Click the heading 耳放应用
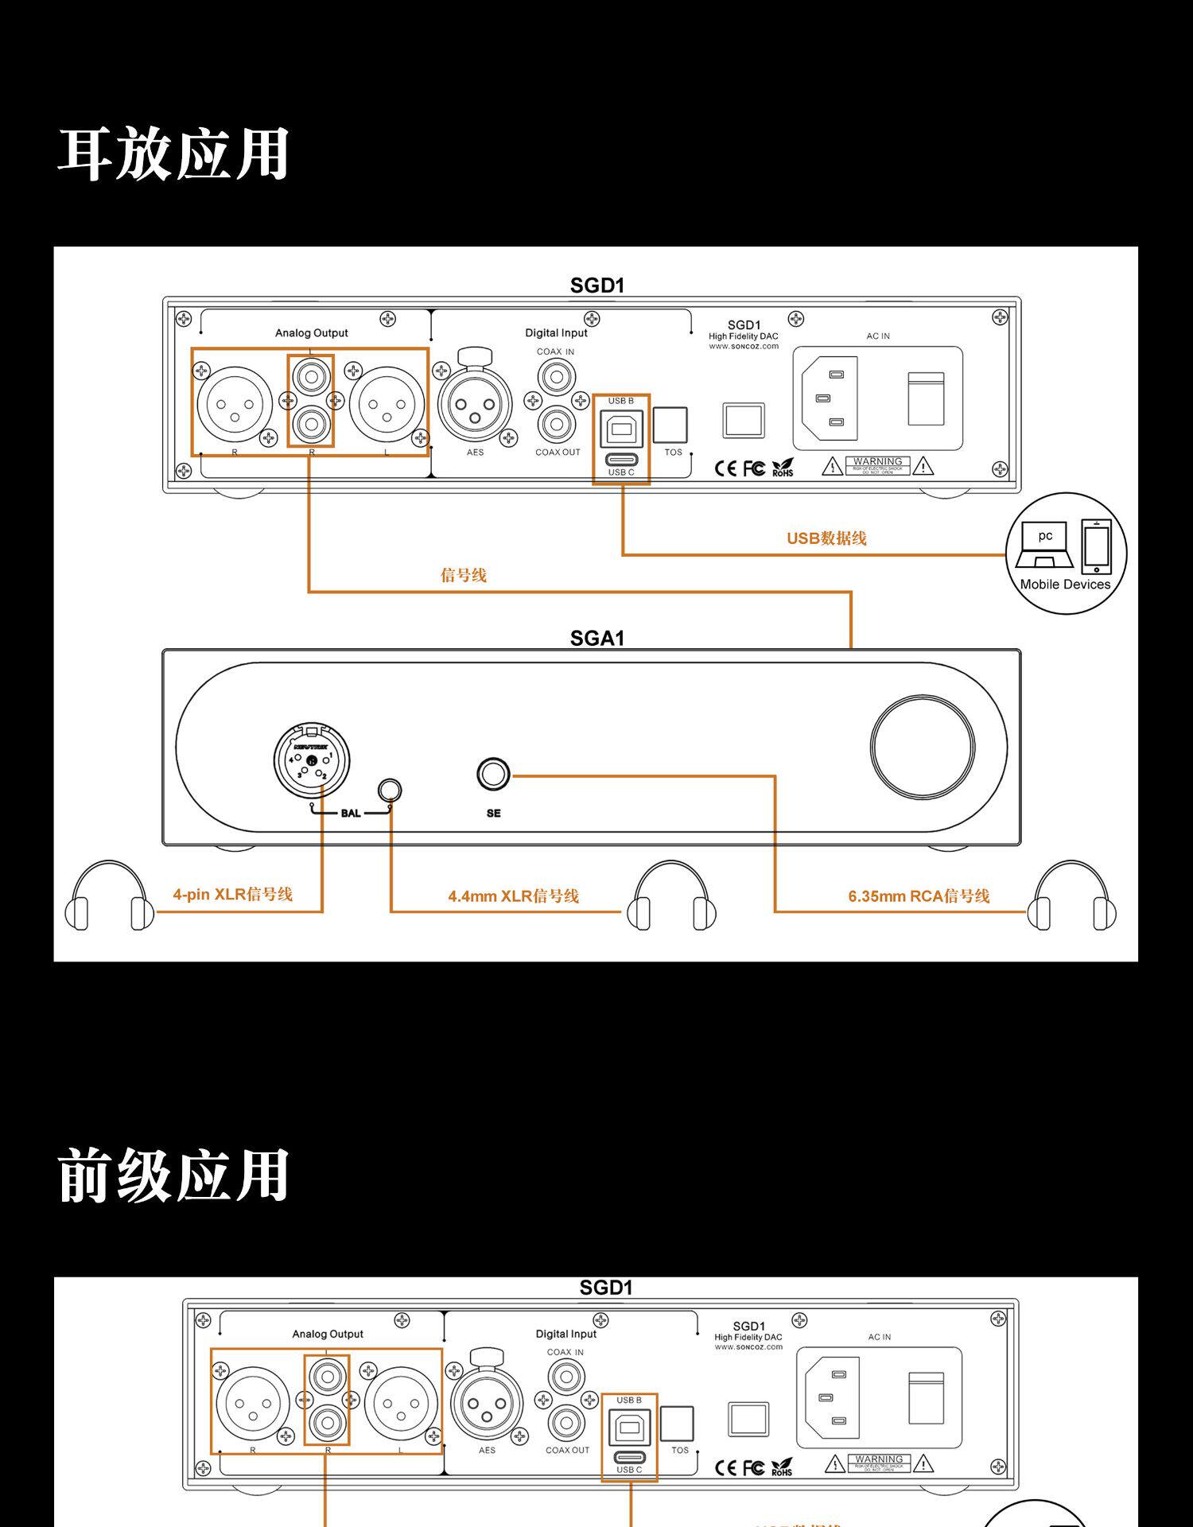(173, 154)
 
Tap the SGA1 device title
(597, 638)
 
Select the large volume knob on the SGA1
(922, 747)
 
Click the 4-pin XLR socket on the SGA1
(312, 760)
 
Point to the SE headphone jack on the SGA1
(493, 774)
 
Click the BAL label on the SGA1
(350, 813)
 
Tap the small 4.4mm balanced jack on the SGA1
(390, 790)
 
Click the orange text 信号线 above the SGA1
(464, 575)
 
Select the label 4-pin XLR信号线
(233, 894)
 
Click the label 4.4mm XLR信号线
(513, 896)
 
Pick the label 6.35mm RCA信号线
(919, 896)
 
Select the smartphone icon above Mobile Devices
(1097, 546)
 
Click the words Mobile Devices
(1065, 585)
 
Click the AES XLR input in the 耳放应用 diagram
(475, 405)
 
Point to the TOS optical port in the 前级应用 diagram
(677, 1423)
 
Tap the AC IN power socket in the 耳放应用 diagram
(832, 398)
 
